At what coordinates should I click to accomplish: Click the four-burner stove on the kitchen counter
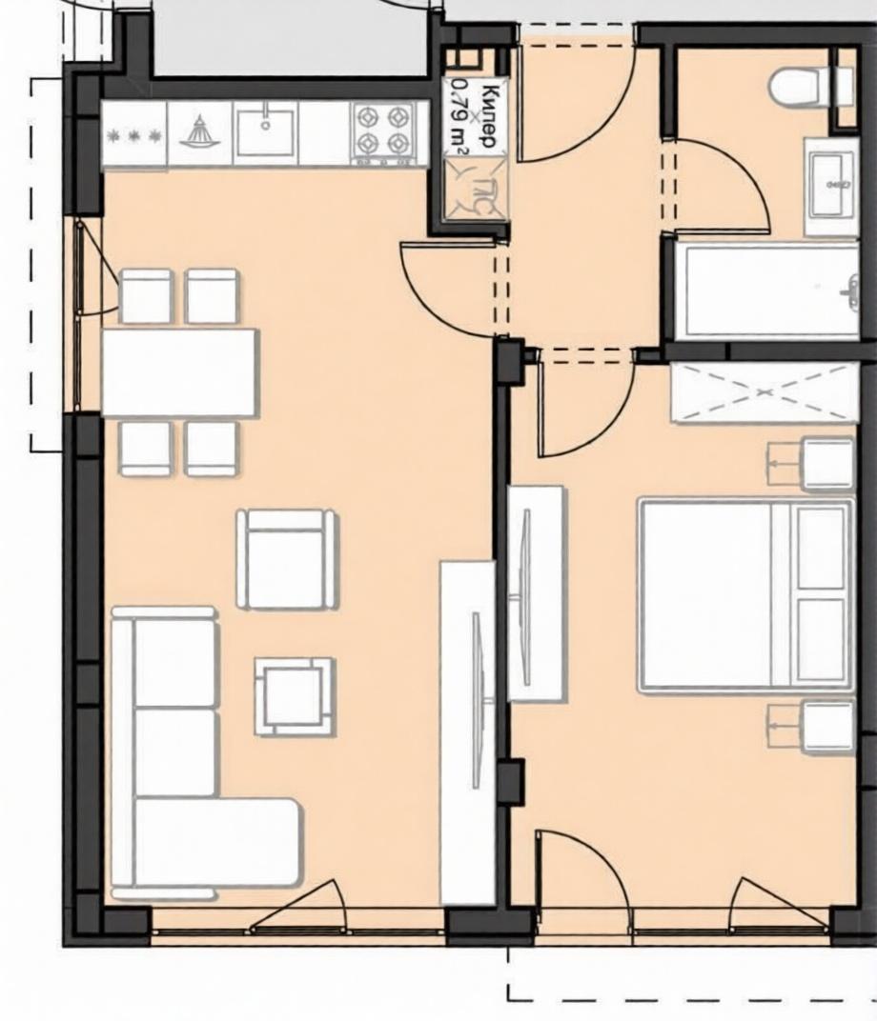pos(383,132)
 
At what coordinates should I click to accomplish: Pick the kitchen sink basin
pos(265,132)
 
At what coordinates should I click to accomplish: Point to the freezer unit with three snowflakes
pos(134,134)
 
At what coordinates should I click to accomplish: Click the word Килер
pos(492,115)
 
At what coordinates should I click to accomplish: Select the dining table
pos(180,371)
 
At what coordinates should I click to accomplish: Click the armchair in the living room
pos(287,559)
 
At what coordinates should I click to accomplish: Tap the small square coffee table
pos(296,696)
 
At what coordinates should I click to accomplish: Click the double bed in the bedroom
pos(745,595)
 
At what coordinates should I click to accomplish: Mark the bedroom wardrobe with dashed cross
pos(764,392)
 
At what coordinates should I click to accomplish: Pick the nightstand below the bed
pos(811,727)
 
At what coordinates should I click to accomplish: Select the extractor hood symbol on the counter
pos(200,132)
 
